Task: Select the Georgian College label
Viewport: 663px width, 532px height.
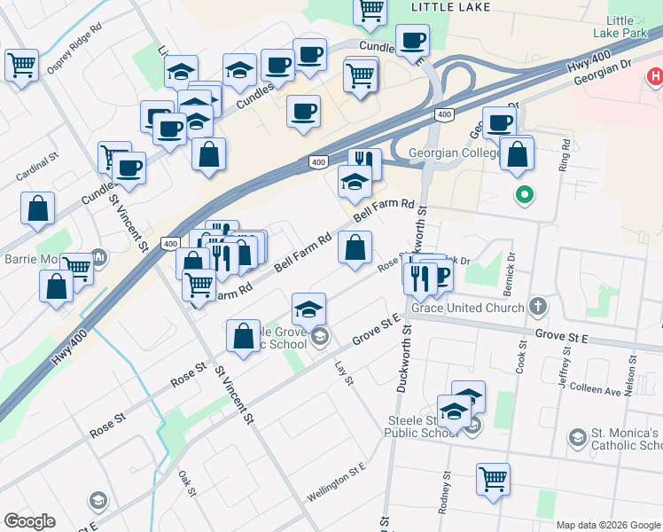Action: pos(455,153)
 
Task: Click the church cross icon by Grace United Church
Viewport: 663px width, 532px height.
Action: pos(536,308)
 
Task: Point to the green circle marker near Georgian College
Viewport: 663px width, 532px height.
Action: pos(524,195)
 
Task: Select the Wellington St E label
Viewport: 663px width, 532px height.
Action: pos(337,481)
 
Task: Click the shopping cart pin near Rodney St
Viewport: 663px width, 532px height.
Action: pos(493,480)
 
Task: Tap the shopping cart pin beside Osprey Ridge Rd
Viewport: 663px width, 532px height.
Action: pos(21,65)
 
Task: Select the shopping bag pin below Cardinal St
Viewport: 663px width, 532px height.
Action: pos(38,209)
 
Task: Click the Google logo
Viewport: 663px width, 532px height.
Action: pos(29,521)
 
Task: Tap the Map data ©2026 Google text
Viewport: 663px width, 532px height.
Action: pos(608,525)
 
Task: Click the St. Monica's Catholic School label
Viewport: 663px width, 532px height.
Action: pos(625,439)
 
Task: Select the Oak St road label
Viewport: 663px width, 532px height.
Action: pos(185,484)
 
